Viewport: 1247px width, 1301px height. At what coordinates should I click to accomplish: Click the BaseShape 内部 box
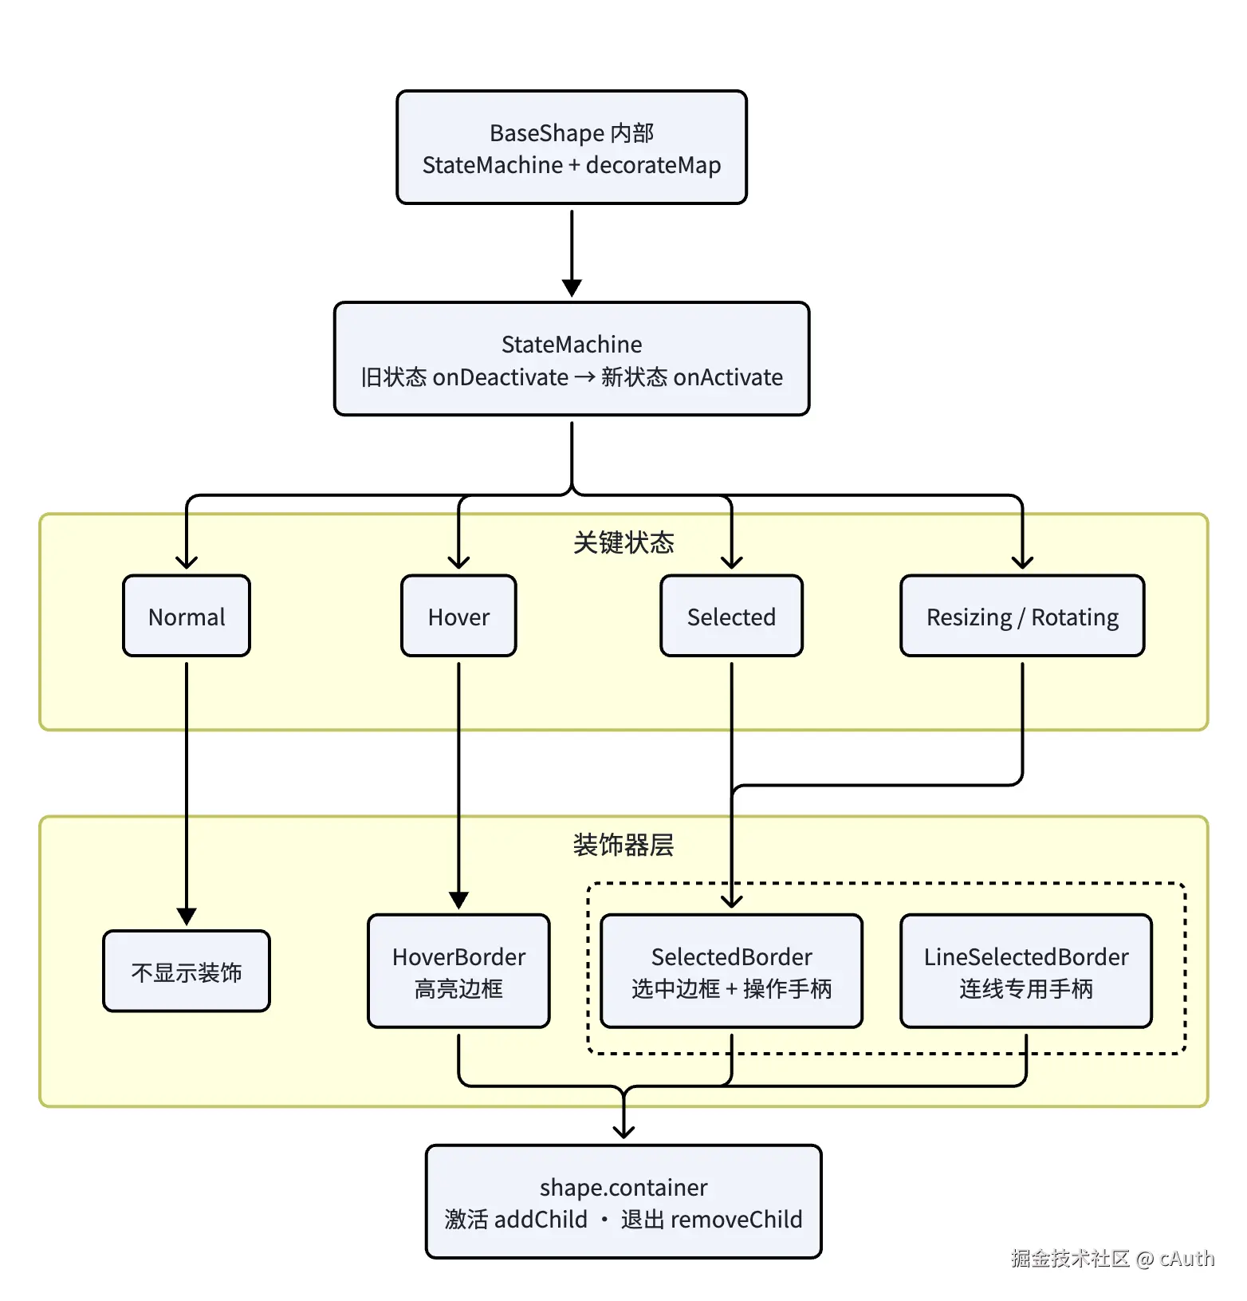point(572,148)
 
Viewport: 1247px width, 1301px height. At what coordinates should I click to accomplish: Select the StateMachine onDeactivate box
point(572,359)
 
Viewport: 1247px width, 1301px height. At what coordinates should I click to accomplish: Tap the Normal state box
point(187,616)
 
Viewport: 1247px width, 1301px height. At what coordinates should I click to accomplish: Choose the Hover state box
point(458,616)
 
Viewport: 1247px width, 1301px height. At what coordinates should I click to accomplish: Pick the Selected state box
point(731,616)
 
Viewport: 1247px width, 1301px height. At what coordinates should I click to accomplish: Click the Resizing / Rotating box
point(1022,616)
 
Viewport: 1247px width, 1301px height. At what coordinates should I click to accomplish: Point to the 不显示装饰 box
point(187,971)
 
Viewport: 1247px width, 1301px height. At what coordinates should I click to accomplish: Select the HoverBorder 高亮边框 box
point(458,971)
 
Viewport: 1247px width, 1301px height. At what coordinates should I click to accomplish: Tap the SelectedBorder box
point(731,971)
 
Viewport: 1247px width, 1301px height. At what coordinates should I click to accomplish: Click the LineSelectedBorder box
point(1026,971)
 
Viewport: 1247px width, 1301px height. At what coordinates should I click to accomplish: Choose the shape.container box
point(623,1201)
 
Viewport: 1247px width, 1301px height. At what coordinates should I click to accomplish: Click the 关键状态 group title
point(623,542)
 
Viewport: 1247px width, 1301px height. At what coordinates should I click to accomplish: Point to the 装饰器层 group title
point(623,845)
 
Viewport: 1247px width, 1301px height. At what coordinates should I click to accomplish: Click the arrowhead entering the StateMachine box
point(572,288)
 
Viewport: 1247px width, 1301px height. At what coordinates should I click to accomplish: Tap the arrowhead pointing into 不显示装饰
point(187,917)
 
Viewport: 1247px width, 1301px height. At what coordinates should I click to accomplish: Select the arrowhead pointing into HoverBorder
point(458,901)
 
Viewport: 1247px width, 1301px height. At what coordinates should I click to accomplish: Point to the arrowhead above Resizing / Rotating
point(1022,562)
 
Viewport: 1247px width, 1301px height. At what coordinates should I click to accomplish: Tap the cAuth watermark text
point(1187,1258)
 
